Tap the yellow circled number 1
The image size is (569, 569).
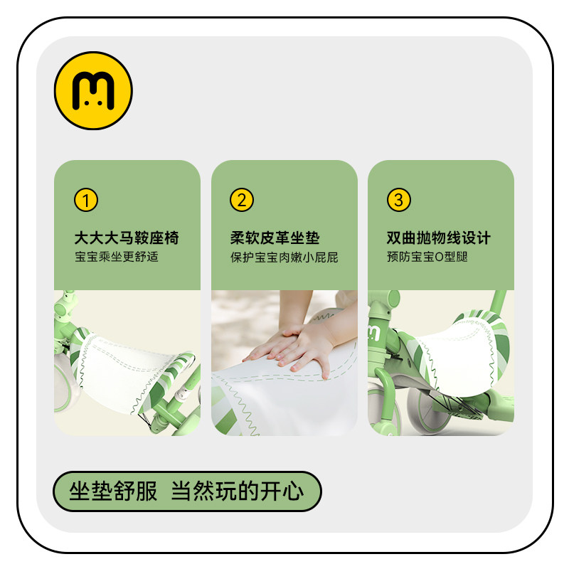pyautogui.click(x=85, y=201)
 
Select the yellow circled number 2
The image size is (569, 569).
pyautogui.click(x=241, y=201)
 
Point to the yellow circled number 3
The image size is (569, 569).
pyautogui.click(x=398, y=201)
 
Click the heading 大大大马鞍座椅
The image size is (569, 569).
pyautogui.click(x=127, y=238)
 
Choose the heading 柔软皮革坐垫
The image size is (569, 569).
pyautogui.click(x=275, y=238)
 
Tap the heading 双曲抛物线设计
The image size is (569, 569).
pyautogui.click(x=438, y=238)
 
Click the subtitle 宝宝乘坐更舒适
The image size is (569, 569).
pyautogui.click(x=116, y=257)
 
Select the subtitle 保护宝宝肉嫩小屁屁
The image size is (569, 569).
pyautogui.click(x=284, y=257)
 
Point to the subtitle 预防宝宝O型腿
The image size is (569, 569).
pyautogui.click(x=427, y=257)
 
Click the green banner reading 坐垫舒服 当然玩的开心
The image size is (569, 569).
pyautogui.click(x=187, y=491)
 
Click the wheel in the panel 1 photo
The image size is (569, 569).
pyautogui.click(x=68, y=388)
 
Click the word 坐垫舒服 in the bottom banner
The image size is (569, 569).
pyautogui.click(x=113, y=491)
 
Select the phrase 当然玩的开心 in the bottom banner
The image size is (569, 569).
pyautogui.click(x=237, y=491)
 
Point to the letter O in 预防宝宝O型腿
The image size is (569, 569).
pyautogui.click(x=440, y=257)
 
